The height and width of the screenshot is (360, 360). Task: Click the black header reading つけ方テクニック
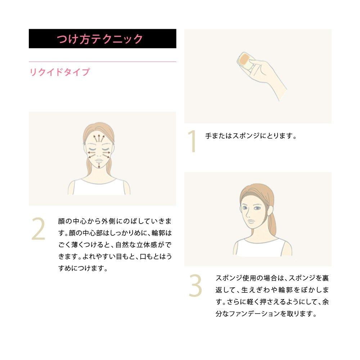[x=102, y=39]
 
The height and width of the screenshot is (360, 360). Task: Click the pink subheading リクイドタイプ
[x=59, y=72]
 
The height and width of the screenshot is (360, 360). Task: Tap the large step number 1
[x=192, y=142]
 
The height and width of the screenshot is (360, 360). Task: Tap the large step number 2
[x=38, y=229]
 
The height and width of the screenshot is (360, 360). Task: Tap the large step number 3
[x=195, y=286]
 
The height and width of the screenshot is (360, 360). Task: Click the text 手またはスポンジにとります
[x=251, y=136]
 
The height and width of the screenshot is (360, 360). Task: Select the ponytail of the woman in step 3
[x=272, y=220]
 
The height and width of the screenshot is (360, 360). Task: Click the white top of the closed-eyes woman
[x=99, y=187]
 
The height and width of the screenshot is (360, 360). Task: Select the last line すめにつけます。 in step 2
[x=83, y=268]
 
